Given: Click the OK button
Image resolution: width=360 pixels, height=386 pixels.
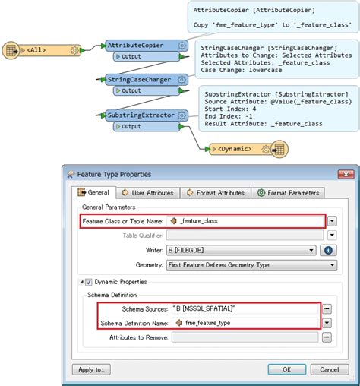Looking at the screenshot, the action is click(x=287, y=369).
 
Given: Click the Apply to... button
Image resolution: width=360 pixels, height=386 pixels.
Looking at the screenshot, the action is click(x=91, y=369).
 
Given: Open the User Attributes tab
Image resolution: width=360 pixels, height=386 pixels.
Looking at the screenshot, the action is click(x=148, y=193).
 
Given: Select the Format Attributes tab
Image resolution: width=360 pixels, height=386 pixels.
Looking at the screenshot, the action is click(x=216, y=193).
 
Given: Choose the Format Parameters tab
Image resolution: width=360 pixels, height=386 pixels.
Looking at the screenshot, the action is click(x=288, y=193).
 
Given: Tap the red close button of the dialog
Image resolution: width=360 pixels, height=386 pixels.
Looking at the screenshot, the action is click(x=346, y=174).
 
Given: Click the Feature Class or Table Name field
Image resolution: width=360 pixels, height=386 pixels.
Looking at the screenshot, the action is click(x=245, y=221).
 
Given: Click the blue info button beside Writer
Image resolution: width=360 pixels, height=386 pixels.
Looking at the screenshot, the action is click(x=328, y=250).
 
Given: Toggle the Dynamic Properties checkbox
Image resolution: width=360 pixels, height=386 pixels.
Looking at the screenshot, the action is click(x=88, y=282).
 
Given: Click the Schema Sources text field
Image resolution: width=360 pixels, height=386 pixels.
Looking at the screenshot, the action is click(x=245, y=308).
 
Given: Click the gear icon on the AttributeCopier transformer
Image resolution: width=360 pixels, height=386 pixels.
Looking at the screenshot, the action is click(x=182, y=46).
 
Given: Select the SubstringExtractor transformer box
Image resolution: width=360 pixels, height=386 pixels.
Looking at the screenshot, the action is click(x=147, y=115).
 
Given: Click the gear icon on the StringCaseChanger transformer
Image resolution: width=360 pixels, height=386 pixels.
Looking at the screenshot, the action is click(x=182, y=80).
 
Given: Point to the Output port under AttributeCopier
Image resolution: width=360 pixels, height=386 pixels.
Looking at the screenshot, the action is click(x=146, y=57).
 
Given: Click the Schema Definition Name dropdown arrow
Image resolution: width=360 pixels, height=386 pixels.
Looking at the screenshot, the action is click(x=327, y=323).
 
